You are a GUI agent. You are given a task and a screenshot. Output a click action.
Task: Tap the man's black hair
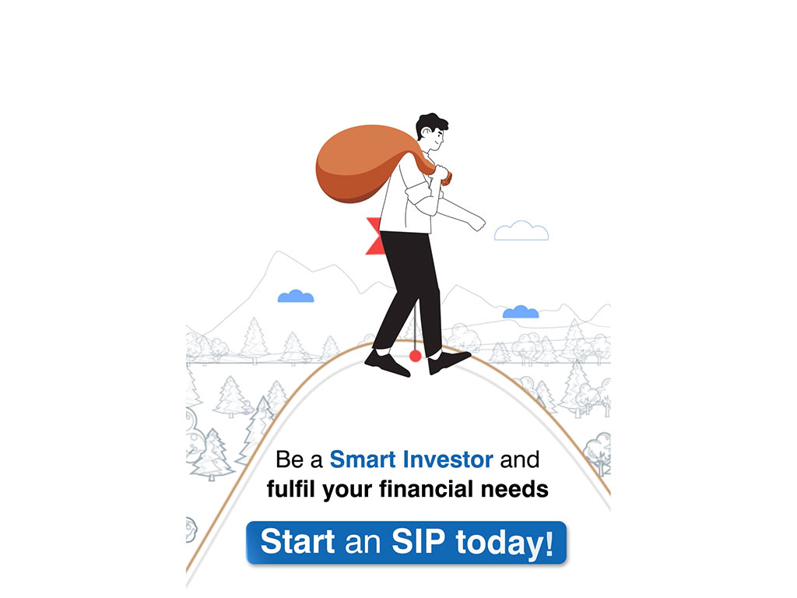[x=431, y=124]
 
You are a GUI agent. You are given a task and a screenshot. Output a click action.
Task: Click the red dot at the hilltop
[x=416, y=356]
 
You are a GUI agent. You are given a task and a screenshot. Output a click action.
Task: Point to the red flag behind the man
[x=374, y=236]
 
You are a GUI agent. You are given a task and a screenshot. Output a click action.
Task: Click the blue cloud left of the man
[x=296, y=296]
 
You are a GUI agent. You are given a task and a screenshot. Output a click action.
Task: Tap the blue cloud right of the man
[x=521, y=311]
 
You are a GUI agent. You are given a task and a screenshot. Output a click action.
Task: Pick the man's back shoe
[x=387, y=363]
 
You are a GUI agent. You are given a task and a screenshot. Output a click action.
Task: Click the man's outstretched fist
[x=477, y=222]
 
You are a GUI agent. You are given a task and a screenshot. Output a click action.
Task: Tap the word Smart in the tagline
[x=363, y=459]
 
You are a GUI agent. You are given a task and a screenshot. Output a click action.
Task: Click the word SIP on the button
[x=418, y=541]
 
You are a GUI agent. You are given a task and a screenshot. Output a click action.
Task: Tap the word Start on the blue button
[x=298, y=541]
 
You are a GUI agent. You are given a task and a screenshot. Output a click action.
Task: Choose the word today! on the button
[x=504, y=543]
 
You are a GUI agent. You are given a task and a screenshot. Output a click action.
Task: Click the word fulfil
[x=291, y=489]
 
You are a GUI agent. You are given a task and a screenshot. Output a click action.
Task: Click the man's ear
[x=426, y=132]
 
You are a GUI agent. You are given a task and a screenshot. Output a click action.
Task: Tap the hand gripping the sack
[x=441, y=173]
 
